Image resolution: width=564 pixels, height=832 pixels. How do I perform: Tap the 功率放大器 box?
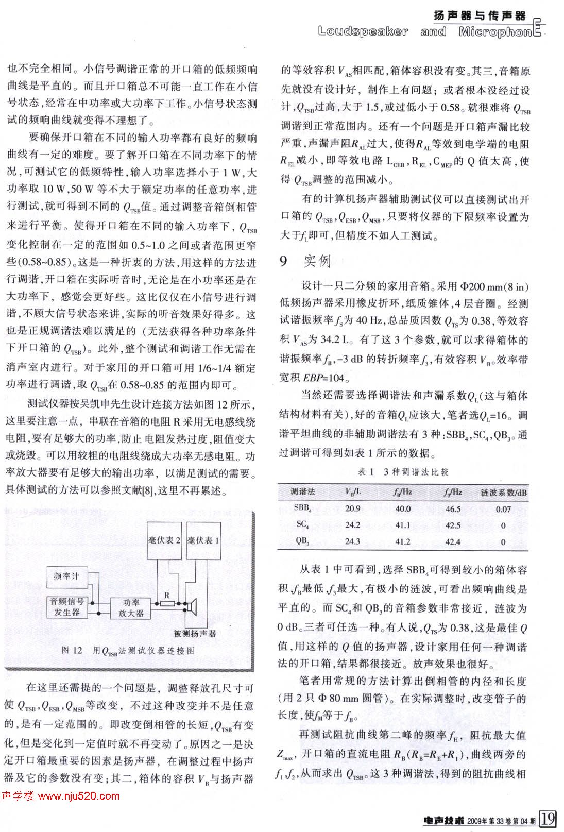(x=131, y=608)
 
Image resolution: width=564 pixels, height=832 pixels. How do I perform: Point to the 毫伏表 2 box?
(x=164, y=540)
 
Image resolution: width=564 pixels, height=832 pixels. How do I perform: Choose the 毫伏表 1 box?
(x=203, y=540)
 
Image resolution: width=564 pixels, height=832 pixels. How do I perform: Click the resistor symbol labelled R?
(x=166, y=603)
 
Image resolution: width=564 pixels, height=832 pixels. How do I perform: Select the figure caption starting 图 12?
(x=128, y=651)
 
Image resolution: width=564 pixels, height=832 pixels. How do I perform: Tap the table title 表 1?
(x=403, y=471)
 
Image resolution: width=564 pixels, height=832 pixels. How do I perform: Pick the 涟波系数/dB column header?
(x=503, y=492)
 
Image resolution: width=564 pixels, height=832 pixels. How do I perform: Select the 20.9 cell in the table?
(x=352, y=509)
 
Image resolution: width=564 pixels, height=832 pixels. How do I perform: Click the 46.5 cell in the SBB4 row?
(x=453, y=509)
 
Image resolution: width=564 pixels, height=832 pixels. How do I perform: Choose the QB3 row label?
(x=302, y=541)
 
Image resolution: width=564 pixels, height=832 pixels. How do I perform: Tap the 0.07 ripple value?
(x=503, y=509)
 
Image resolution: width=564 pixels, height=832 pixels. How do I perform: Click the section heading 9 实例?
(x=305, y=261)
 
